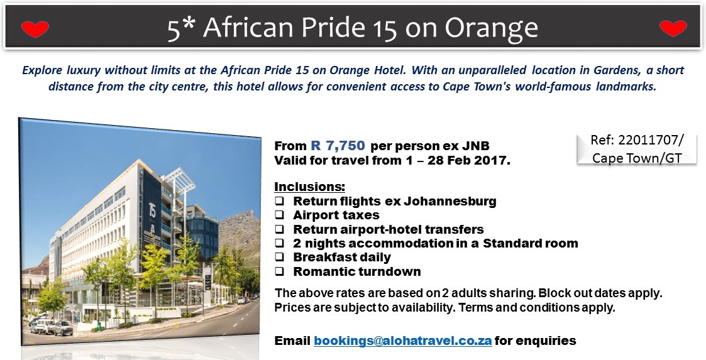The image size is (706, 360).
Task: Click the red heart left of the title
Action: point(35,30)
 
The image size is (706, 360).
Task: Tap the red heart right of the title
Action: point(673,28)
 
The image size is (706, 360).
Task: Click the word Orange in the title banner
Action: point(491,28)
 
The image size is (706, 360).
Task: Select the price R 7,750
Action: point(338,145)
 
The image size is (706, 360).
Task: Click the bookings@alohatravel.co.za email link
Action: point(402,340)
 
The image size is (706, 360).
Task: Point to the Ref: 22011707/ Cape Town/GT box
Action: point(637,148)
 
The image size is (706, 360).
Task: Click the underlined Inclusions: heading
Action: point(310,187)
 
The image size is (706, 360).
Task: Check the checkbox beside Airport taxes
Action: point(280,215)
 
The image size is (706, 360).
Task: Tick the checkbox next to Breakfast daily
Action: point(280,258)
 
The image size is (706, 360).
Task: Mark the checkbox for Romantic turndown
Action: point(280,271)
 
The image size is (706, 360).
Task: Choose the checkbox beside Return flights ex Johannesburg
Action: point(280,200)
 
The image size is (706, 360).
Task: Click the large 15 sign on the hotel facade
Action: point(152,209)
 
